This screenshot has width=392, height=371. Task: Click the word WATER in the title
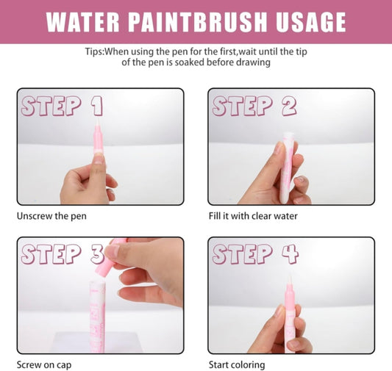[x=83, y=22]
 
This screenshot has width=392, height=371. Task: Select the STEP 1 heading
[x=62, y=107]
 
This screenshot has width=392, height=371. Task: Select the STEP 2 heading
[x=254, y=107]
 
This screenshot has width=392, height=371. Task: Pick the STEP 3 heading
[x=62, y=254]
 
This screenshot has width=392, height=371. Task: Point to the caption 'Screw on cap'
[x=43, y=364]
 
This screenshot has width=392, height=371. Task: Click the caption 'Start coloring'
[x=236, y=364]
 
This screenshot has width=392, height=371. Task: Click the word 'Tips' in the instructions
[x=96, y=51]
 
